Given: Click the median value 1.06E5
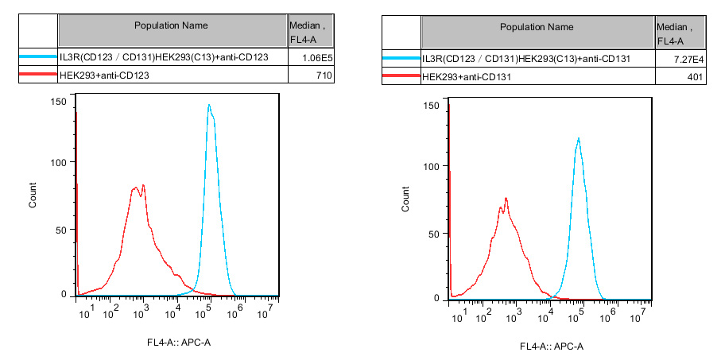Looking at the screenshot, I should click(x=316, y=58).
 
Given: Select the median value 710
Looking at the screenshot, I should click(x=322, y=75).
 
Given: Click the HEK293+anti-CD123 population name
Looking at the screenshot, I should click(x=104, y=75).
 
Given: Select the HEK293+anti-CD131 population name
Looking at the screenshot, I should click(x=468, y=76).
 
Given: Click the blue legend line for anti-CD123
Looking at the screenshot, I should click(x=37, y=58).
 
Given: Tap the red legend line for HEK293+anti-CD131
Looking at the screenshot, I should click(x=401, y=76).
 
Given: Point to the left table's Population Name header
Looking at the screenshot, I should click(x=171, y=25).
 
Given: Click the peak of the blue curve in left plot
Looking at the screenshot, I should click(x=208, y=105).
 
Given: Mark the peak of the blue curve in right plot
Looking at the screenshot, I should click(x=578, y=139).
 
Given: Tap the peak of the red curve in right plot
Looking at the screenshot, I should click(x=506, y=199).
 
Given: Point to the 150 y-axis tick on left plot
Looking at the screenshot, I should click(x=57, y=101).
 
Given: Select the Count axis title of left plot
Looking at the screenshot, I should click(x=33, y=195).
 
